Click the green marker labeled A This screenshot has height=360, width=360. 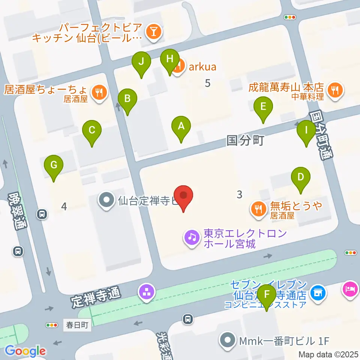[181, 126]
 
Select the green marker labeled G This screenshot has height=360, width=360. [54, 165]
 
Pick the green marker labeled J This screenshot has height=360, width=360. [141, 61]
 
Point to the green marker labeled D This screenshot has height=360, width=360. [300, 177]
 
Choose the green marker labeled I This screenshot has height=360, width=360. [306, 130]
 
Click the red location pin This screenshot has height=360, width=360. [184, 196]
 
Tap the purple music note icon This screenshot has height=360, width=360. [192, 237]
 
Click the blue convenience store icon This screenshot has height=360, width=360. [318, 291]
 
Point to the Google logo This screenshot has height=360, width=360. [25, 351]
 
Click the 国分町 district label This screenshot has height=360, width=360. [246, 141]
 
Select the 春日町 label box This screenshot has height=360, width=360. [77, 325]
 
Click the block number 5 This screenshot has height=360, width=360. [208, 83]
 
